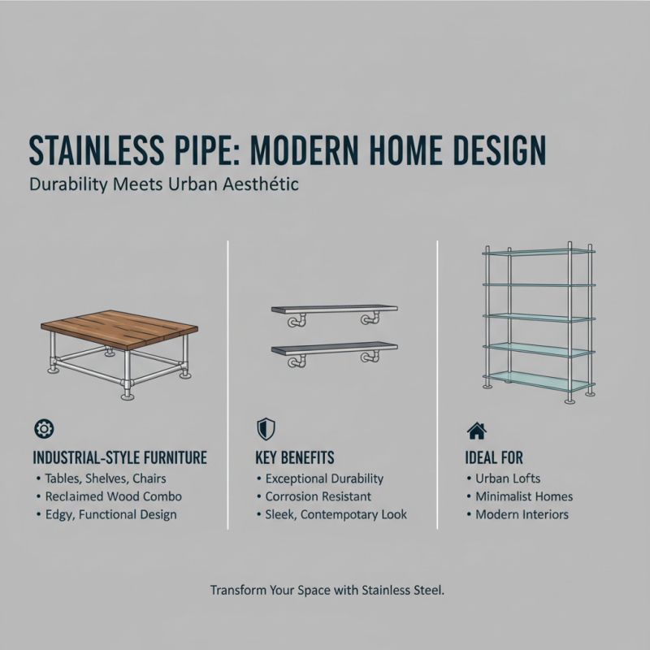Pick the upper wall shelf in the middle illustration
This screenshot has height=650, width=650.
point(333,310)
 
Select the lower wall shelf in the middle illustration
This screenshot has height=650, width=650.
point(333,348)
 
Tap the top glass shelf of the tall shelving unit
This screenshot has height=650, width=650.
point(538,252)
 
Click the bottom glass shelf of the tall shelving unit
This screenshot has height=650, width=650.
point(538,380)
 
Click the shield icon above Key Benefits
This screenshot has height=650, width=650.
point(264,429)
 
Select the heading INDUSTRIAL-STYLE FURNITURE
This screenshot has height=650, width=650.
point(120,457)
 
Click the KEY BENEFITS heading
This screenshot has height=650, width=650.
point(294,457)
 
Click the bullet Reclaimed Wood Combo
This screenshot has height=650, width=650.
point(114,496)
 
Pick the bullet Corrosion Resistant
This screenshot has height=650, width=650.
point(318,496)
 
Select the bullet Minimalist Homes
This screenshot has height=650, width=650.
point(524,496)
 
